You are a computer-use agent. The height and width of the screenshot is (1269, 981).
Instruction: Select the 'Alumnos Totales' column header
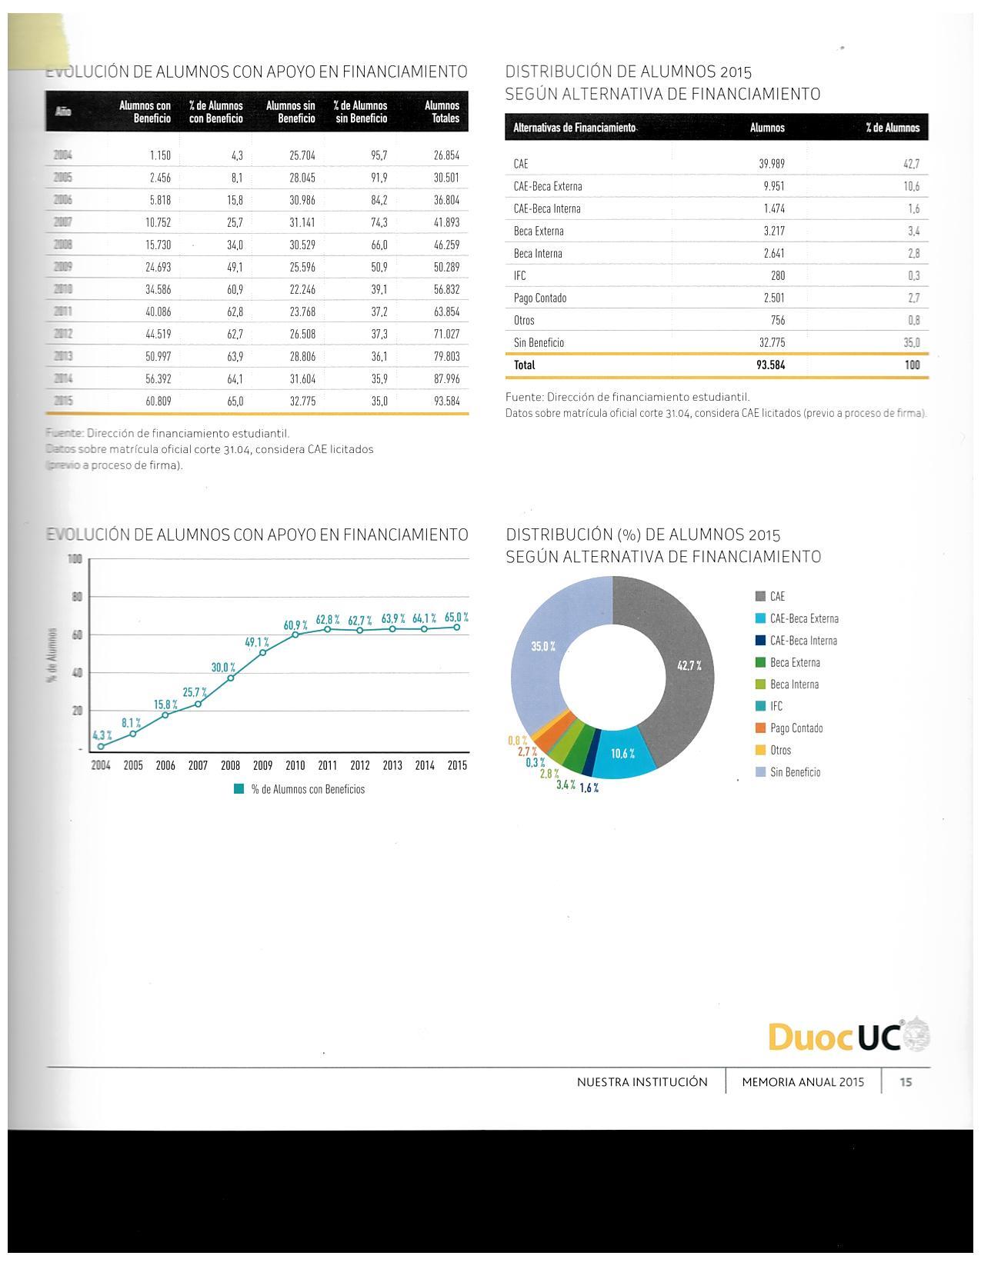[442, 112]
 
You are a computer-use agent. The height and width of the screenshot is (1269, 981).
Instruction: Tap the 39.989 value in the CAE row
[772, 164]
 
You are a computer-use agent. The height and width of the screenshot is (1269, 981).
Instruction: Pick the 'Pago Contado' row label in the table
[539, 298]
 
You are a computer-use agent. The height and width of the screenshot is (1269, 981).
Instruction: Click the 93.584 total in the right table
[770, 365]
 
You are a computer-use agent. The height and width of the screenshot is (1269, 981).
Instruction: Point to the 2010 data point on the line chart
[295, 634]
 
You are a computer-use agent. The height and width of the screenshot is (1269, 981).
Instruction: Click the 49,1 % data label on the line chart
[257, 642]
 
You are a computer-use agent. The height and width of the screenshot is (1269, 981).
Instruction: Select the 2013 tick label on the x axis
[392, 766]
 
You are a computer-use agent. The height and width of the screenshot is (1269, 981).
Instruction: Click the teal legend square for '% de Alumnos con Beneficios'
[239, 789]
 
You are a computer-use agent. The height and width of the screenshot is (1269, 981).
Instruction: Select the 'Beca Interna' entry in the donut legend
[794, 684]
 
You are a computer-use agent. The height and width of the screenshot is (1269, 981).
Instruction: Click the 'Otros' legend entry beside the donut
[780, 751]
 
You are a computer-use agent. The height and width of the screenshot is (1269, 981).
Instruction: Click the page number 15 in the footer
[906, 1082]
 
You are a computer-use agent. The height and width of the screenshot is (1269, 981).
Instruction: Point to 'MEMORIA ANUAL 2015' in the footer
[802, 1082]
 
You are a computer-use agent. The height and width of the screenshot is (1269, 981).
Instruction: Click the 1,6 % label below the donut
[589, 788]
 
